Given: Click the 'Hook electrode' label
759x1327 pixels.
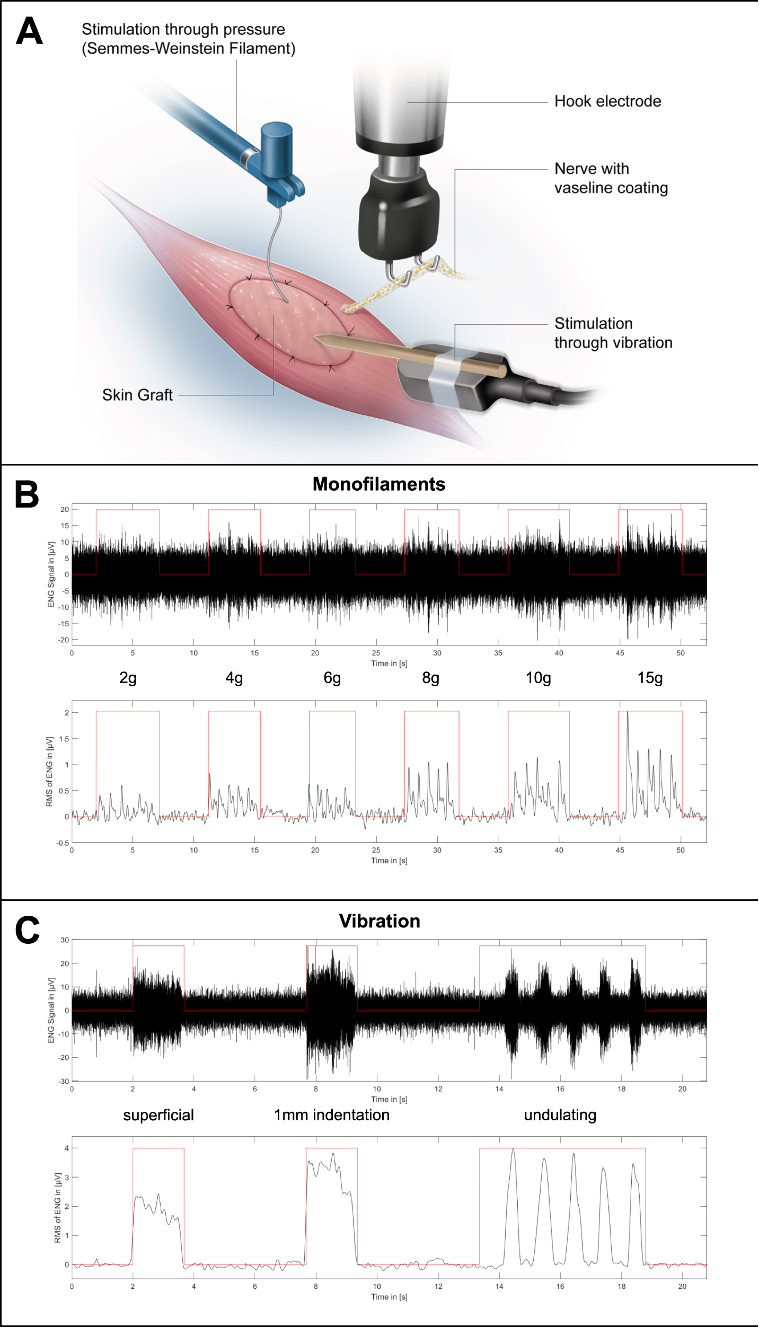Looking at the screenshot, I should [607, 101].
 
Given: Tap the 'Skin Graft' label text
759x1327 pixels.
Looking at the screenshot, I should [137, 395].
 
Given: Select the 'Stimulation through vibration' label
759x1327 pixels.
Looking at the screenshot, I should [613, 333].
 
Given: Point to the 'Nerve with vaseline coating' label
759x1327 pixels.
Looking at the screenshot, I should [611, 178].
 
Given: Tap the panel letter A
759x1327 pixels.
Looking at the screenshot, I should [29, 31].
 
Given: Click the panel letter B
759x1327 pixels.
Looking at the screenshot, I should [27, 494].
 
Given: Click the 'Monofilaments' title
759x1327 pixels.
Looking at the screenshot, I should [378, 484].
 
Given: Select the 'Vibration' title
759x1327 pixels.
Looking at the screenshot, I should [380, 921].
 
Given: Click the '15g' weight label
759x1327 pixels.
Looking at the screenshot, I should [650, 678].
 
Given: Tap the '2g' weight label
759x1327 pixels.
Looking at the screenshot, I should [128, 678].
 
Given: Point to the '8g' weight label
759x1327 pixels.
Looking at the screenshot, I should [430, 678].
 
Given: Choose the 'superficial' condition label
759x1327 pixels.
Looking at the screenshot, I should [158, 1115].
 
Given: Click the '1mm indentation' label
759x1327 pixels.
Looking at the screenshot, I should [332, 1115].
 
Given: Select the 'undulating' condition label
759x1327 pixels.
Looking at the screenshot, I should [560, 1115].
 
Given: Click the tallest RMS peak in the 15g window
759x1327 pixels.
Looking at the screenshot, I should [628, 712].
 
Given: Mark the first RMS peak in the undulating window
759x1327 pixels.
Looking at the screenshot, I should [513, 1149].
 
